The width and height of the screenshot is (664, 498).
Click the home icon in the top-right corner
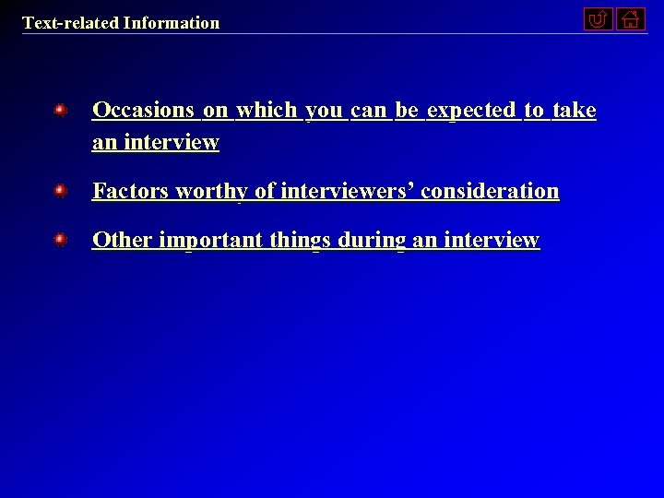pyautogui.click(x=631, y=18)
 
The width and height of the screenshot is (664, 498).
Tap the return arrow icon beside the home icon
pyautogui.click(x=599, y=18)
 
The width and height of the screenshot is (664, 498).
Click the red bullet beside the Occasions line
pyautogui.click(x=60, y=111)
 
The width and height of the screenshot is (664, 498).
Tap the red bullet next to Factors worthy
pyautogui.click(x=60, y=191)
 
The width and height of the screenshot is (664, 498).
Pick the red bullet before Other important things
pyautogui.click(x=60, y=240)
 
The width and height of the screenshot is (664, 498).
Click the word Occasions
pyautogui.click(x=143, y=111)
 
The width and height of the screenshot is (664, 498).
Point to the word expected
pyautogui.click(x=471, y=111)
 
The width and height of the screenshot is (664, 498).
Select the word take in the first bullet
pyautogui.click(x=574, y=111)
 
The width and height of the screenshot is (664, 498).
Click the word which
pyautogui.click(x=267, y=111)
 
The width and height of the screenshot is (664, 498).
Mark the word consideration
pyautogui.click(x=490, y=191)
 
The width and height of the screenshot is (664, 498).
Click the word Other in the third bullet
pyautogui.click(x=123, y=240)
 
